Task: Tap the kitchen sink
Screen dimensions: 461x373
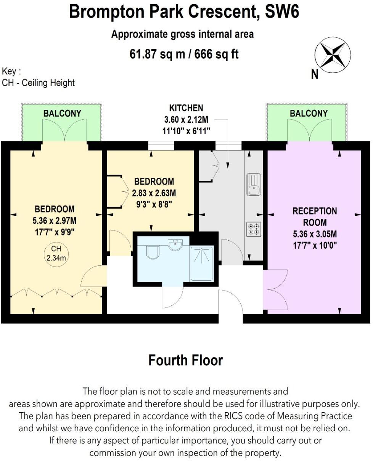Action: [x=254, y=184]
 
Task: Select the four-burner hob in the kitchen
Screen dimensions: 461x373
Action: [x=254, y=228]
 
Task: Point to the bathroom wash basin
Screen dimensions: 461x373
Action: [x=176, y=244]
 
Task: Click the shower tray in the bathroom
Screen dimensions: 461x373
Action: [x=201, y=263]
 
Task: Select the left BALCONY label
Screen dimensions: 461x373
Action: [x=62, y=113]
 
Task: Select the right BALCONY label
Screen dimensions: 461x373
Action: [x=309, y=113]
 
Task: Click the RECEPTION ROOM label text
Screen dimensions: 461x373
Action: [x=315, y=217]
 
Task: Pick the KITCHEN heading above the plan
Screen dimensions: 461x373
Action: [x=186, y=108]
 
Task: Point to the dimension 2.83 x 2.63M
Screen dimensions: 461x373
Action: [x=154, y=193]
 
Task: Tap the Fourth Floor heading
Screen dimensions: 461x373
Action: [x=185, y=360]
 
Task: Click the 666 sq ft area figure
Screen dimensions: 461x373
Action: [x=216, y=54]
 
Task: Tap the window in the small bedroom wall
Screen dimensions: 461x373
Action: [x=161, y=146]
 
